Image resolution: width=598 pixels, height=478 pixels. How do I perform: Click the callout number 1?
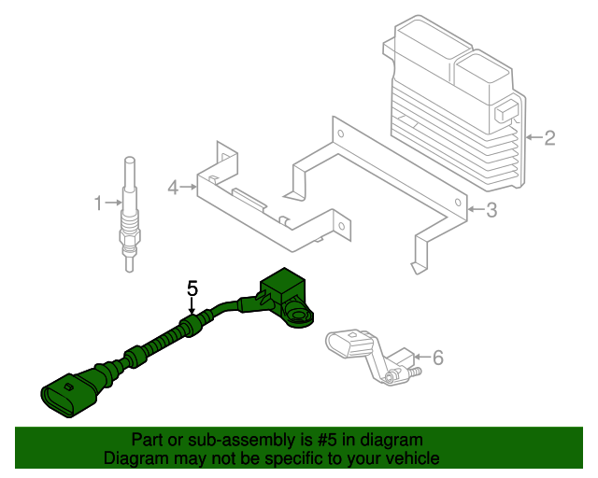[x=98, y=204]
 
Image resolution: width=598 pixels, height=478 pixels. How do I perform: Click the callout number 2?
[x=549, y=137]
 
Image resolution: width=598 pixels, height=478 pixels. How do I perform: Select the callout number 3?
[x=491, y=210]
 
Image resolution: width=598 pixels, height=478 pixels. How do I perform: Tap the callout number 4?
[x=173, y=188]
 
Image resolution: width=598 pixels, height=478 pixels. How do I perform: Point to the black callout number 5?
[x=192, y=288]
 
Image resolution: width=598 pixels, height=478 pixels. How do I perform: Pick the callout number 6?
[x=438, y=358]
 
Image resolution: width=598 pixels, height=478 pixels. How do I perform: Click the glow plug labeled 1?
[x=129, y=214]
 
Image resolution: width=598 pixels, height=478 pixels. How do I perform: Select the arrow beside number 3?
[x=476, y=209]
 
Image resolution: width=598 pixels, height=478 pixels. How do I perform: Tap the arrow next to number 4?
[x=189, y=187]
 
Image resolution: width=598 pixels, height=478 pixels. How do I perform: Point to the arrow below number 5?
[x=192, y=305]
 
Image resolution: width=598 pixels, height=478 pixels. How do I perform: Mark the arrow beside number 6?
[x=422, y=357]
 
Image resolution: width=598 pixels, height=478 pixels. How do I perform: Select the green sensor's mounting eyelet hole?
[x=297, y=316]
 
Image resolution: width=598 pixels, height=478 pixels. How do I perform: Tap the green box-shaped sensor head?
[x=282, y=287]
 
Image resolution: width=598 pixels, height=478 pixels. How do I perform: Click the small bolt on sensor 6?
[x=415, y=371]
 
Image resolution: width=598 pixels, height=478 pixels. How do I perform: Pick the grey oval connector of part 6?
[x=348, y=344]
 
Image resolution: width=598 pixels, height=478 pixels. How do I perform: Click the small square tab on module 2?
[x=506, y=111]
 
